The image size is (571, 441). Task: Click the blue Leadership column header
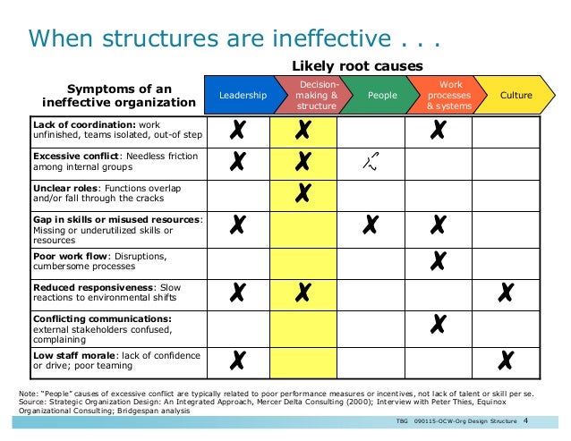243,95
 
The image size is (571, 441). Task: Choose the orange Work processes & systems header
444,95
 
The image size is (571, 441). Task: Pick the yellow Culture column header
515,95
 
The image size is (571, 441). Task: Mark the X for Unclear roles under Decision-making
303,192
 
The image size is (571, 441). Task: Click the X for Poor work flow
439,259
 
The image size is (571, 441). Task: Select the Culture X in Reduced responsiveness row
506,292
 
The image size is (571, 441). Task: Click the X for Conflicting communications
439,325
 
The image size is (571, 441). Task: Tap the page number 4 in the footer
525,421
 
